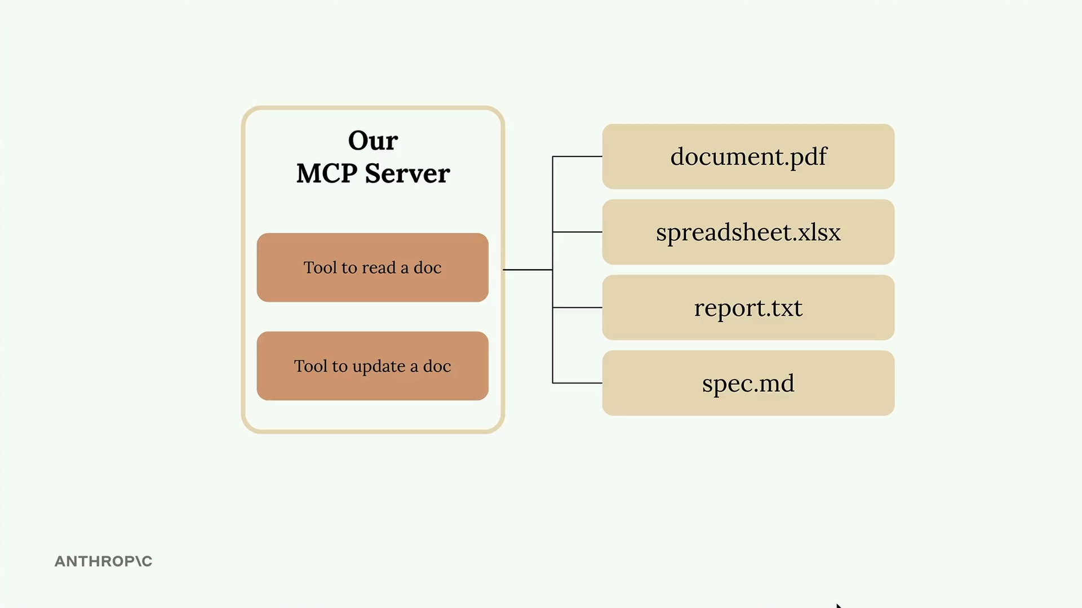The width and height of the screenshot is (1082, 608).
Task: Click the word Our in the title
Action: click(x=373, y=141)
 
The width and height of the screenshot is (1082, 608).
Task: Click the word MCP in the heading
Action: click(x=327, y=173)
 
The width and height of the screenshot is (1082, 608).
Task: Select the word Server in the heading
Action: click(x=407, y=173)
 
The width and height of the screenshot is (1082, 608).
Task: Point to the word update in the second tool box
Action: click(x=379, y=366)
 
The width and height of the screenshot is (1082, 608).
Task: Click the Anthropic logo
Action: click(x=103, y=561)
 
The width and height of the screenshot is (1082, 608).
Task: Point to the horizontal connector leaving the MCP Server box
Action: click(x=527, y=270)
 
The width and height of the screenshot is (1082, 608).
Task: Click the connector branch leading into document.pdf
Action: click(x=578, y=157)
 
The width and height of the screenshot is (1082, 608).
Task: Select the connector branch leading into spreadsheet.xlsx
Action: click(x=578, y=232)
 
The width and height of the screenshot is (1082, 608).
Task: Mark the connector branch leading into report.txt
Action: click(x=578, y=307)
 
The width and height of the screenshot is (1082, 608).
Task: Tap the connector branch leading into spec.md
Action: click(x=578, y=383)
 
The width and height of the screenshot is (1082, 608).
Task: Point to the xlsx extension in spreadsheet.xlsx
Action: click(x=819, y=233)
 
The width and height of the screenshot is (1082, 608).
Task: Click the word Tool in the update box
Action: click(x=311, y=366)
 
